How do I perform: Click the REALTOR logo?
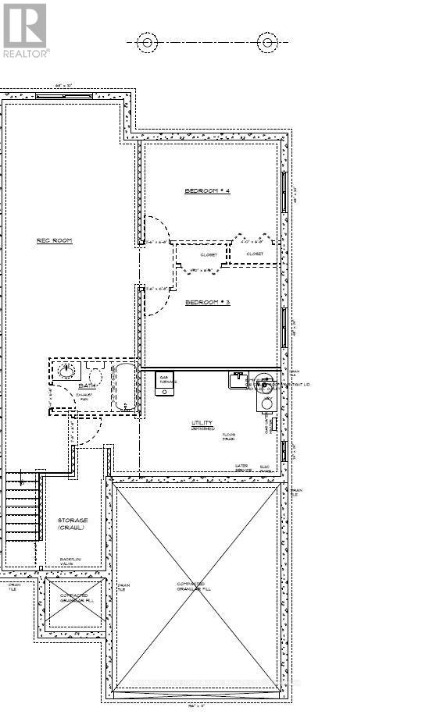(25, 30)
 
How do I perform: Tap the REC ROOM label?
(54, 240)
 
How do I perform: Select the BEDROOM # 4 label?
(207, 191)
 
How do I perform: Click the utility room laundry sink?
(238, 380)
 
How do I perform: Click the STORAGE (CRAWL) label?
(73, 524)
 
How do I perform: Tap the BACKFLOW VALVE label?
(73, 561)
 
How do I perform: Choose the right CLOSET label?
(255, 254)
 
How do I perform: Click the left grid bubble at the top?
(148, 42)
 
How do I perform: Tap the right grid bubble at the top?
(268, 42)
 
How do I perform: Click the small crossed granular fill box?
(74, 601)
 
